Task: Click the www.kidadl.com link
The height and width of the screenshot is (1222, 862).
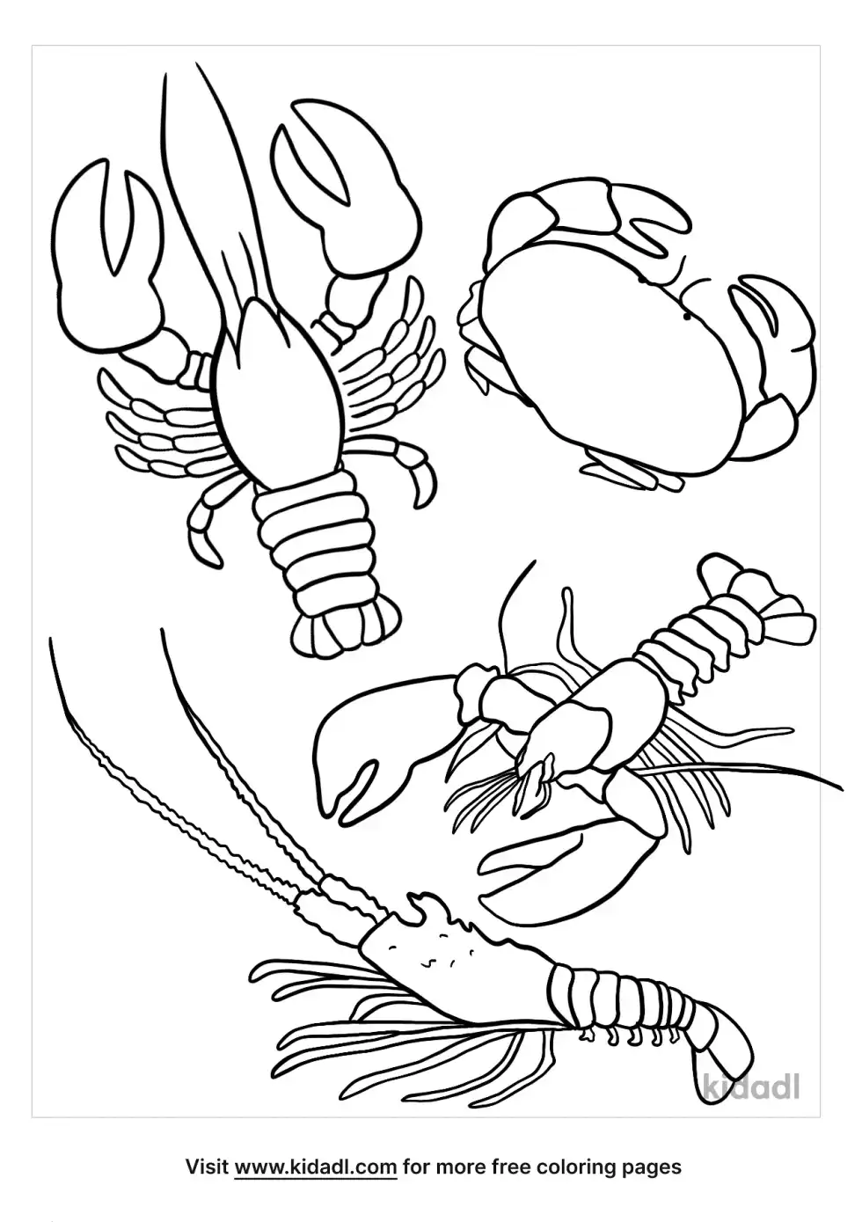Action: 316,1167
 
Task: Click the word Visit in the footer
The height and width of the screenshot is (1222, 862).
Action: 208,1167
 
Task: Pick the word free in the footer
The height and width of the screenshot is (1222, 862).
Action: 513,1167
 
